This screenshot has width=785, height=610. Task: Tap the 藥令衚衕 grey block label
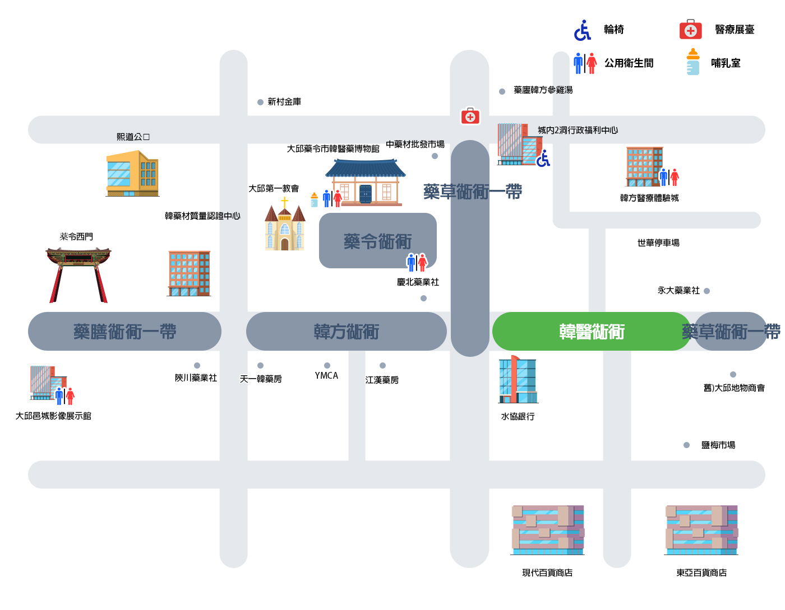click(377, 241)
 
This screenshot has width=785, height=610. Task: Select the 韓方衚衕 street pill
click(346, 331)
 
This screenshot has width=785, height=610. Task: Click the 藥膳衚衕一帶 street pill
click(124, 331)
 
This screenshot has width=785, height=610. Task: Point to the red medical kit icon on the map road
click(470, 116)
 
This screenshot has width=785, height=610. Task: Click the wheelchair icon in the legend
click(582, 30)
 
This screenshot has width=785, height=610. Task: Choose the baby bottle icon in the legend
click(692, 62)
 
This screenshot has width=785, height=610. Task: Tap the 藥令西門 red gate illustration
click(78, 275)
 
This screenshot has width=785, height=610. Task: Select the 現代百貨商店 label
click(547, 572)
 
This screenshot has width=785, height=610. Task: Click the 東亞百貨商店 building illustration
click(701, 529)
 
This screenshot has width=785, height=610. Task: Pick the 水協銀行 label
click(518, 416)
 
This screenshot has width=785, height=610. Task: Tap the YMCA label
click(326, 375)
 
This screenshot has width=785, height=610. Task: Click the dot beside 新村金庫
click(260, 102)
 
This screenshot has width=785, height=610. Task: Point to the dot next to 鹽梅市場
click(686, 445)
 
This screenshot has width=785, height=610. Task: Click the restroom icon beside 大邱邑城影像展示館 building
click(64, 395)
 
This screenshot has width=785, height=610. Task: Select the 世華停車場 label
click(658, 243)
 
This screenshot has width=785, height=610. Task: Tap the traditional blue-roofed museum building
click(365, 183)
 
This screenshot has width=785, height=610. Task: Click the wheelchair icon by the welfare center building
click(543, 159)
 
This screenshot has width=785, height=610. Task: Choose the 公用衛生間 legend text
click(629, 63)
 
